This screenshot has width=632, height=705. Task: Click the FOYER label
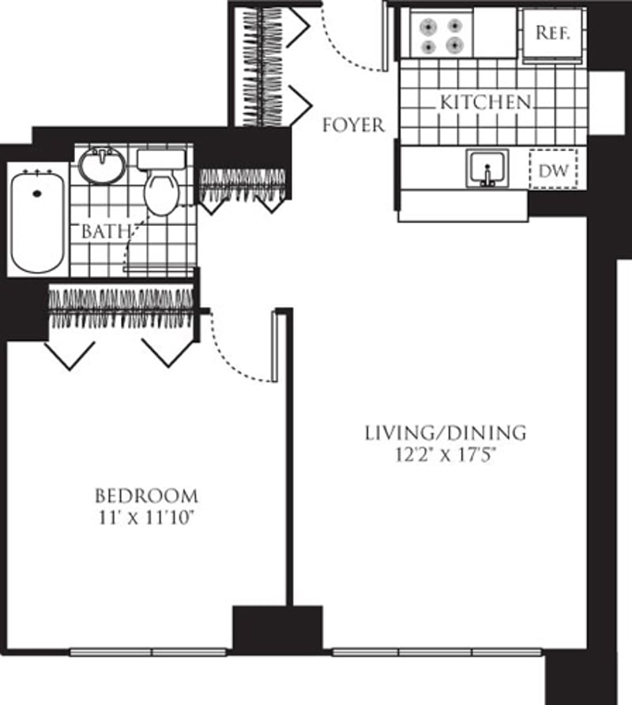coord(353,125)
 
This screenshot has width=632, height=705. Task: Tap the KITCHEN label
coord(484,102)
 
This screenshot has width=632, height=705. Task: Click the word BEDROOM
coord(146,496)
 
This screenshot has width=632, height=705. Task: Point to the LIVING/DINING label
coord(445,433)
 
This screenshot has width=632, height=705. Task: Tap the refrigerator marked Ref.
coord(553,34)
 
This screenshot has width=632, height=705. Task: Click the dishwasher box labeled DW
coord(553,169)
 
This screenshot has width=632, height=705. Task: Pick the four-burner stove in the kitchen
coord(442,36)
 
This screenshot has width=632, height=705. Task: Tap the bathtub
coord(37,221)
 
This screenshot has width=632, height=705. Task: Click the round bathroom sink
coord(102,165)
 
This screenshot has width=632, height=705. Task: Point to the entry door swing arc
coord(348,55)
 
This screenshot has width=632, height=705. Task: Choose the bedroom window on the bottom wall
coord(151,652)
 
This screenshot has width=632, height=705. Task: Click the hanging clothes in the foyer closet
coord(260,67)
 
